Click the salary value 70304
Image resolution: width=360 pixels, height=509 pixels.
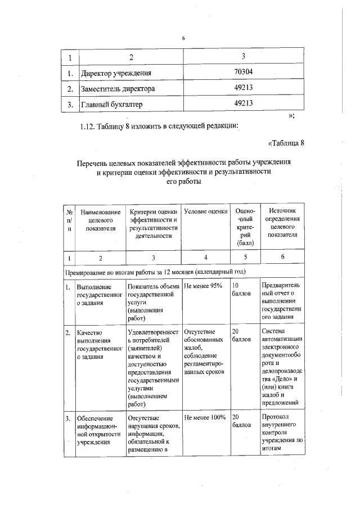[x=243, y=73]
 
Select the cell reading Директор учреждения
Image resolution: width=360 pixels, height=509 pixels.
[x=117, y=73]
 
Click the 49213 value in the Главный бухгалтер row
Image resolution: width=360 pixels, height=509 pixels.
[x=243, y=103]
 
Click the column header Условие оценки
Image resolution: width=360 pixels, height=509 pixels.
[x=205, y=211]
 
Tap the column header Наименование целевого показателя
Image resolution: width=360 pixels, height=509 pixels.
[x=101, y=220]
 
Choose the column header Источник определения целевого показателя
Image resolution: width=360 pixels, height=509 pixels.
[x=283, y=222]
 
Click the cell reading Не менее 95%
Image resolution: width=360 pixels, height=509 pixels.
[x=203, y=286]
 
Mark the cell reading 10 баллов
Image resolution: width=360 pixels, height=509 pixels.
[x=242, y=290]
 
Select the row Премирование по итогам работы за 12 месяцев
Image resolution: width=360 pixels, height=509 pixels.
[x=155, y=272]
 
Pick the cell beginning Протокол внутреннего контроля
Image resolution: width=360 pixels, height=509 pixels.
[x=283, y=436]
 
